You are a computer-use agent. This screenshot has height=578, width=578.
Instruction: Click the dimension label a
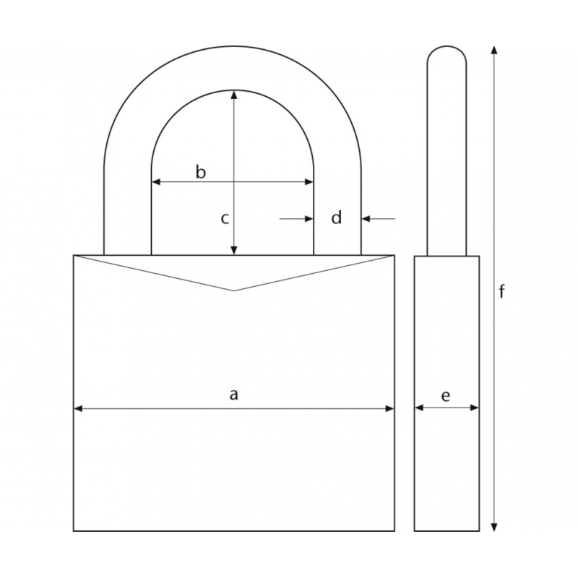(x=233, y=394)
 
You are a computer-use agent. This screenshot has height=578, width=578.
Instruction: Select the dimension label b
(x=201, y=172)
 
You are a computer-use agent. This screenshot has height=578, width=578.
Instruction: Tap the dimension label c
(x=225, y=219)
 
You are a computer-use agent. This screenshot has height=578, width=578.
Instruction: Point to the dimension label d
(x=336, y=217)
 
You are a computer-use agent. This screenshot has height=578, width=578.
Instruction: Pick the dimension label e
(x=446, y=396)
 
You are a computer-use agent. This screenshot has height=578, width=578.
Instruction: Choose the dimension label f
(x=501, y=292)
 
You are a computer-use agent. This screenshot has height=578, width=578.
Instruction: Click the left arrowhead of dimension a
(x=78, y=408)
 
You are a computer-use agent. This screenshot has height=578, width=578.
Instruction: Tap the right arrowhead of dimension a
(x=389, y=408)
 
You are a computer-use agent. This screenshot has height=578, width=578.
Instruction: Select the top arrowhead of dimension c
(x=233, y=95)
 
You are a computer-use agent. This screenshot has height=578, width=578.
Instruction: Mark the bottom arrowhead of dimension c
(x=233, y=250)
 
